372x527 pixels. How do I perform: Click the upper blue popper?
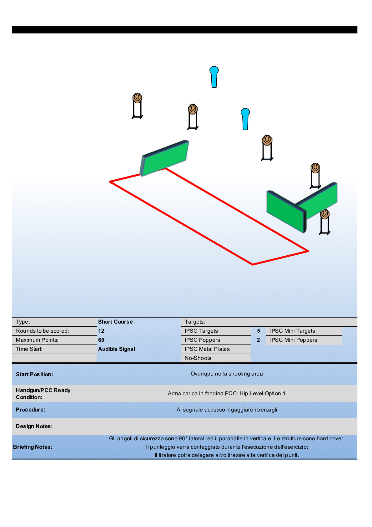point(214,77)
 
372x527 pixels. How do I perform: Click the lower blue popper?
point(245,119)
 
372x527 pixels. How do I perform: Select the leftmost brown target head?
point(137,98)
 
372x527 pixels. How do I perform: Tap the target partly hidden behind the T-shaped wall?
point(325,214)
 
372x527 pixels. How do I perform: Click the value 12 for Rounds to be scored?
point(101,331)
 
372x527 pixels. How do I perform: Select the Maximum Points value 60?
point(101,340)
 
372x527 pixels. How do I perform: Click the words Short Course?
point(115,322)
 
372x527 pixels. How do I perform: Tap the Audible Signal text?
point(117,349)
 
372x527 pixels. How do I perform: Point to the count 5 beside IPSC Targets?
point(259,331)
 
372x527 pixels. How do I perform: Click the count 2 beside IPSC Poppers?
point(259,340)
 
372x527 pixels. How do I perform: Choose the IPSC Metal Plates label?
point(207,349)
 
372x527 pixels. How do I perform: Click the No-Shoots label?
point(198,358)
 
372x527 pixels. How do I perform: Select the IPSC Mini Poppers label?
point(294,340)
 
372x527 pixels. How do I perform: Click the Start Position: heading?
point(34,374)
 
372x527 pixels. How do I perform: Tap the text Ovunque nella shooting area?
point(227,374)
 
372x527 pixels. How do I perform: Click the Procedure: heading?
point(30,410)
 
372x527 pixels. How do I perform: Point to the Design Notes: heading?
point(34,426)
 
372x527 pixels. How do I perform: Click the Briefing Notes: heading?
point(33,447)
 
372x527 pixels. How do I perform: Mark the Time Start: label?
point(29,349)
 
